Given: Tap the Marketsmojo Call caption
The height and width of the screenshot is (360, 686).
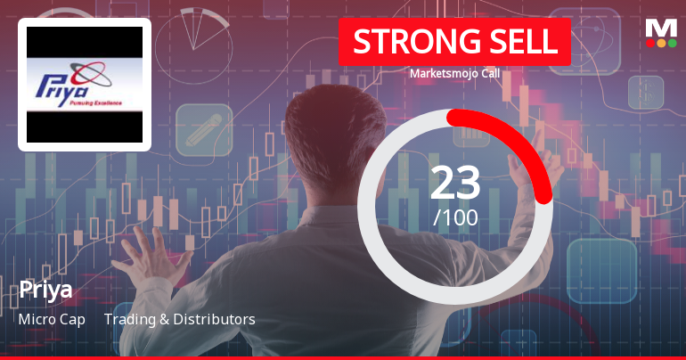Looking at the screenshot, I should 454,73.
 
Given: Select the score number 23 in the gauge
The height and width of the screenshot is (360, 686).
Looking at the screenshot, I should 455,182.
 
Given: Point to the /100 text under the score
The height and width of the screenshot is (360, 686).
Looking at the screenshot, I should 455,217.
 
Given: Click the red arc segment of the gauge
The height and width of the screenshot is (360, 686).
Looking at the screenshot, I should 526,143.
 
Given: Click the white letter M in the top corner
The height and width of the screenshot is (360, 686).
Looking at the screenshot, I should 661,26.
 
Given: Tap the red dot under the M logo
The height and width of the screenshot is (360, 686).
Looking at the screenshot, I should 650,42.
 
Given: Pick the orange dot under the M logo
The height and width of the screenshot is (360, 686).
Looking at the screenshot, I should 661,42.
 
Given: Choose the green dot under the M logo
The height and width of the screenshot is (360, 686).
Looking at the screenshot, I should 672,42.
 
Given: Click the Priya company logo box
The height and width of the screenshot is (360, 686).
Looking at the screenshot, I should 85,85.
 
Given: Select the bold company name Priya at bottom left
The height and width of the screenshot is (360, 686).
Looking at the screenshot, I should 45,290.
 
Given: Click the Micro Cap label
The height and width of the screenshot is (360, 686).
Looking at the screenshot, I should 52,319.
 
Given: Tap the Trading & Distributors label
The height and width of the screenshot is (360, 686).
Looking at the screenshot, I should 180,319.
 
